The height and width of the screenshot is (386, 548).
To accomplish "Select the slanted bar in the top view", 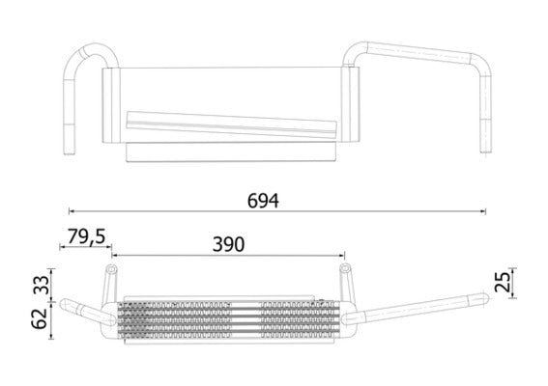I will point(232,124).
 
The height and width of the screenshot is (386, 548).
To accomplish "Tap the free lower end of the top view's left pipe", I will point(69,152).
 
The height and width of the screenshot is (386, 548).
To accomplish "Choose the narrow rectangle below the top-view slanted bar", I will point(232,152).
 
